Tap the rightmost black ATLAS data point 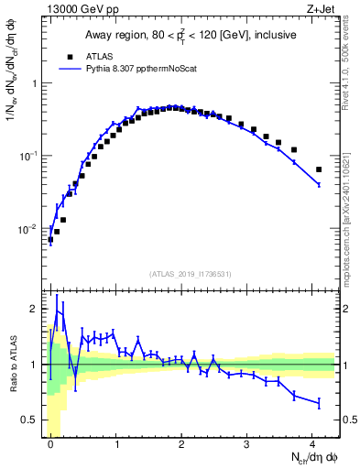coord(319,169)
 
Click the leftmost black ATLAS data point coord(50,240)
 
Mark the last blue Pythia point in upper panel coord(319,185)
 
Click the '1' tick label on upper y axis coord(34,83)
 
